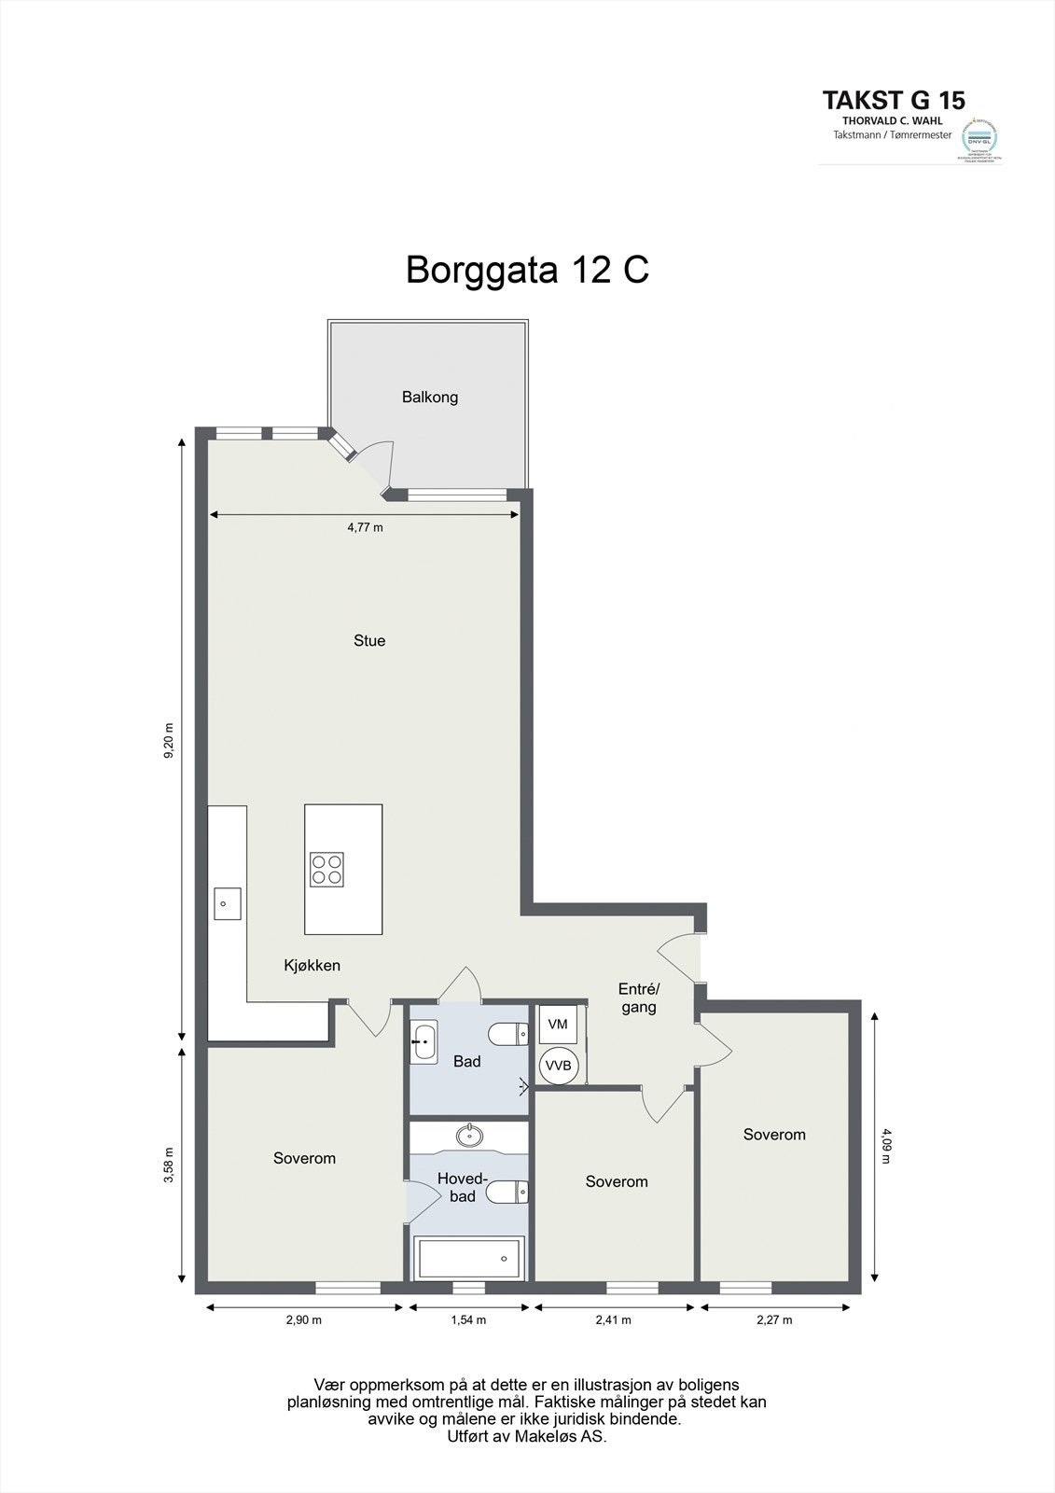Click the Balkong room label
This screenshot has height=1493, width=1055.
430,397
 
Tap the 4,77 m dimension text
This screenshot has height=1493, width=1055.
365,527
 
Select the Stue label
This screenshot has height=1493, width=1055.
369,640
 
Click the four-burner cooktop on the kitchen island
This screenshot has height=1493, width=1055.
326,869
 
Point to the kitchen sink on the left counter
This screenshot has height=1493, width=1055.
227,903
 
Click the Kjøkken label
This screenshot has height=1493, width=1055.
312,966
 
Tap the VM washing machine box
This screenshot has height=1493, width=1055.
558,1025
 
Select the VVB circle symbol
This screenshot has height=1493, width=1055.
559,1065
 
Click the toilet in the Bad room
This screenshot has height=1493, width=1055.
507,1034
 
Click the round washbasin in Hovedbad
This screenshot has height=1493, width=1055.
468,1136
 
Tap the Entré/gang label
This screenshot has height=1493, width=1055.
639,998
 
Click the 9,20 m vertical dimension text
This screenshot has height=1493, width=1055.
169,741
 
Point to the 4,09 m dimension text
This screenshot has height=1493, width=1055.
886,1145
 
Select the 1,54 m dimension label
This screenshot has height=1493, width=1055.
468,1319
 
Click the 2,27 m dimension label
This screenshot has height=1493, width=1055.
774,1319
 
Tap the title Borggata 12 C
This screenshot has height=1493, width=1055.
527,270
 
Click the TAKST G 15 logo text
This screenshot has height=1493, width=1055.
894,100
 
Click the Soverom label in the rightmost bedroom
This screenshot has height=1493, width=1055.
774,1135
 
